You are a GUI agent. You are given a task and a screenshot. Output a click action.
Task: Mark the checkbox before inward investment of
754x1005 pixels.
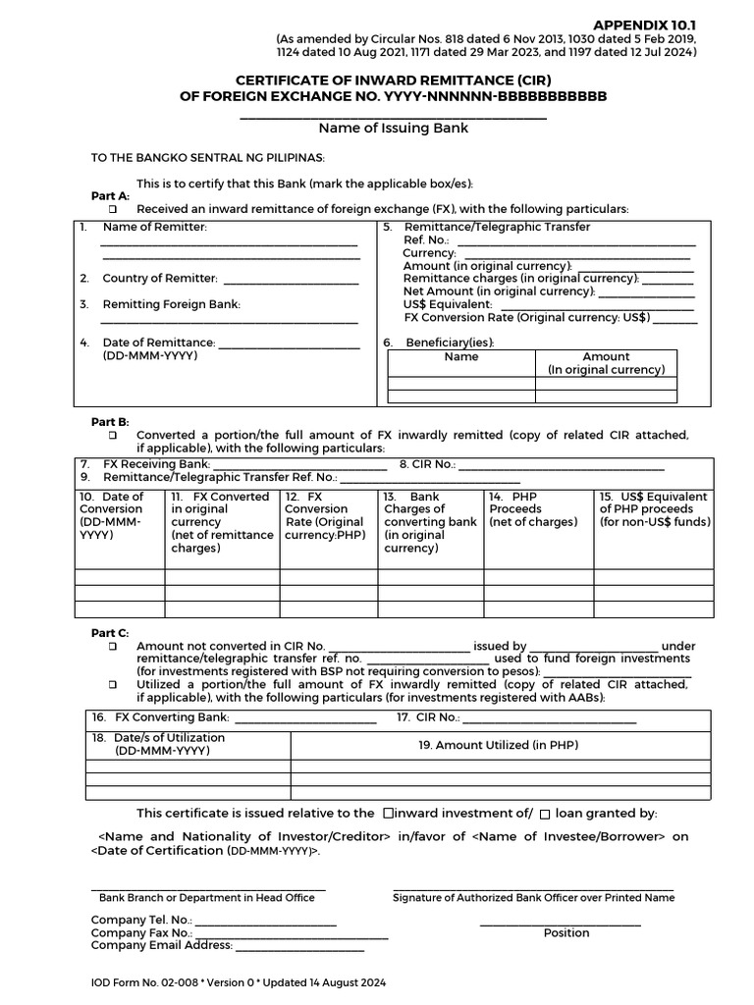[388, 813]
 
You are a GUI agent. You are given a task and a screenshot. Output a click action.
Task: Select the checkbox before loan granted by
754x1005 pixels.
[545, 814]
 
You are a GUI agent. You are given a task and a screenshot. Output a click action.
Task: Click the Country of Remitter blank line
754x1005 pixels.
[291, 280]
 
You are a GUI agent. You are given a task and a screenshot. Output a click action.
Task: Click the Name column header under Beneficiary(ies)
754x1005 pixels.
[460, 357]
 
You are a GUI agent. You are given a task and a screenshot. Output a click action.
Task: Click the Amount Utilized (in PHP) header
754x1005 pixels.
[498, 745]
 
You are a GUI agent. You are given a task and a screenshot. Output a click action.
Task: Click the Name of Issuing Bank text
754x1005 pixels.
[393, 128]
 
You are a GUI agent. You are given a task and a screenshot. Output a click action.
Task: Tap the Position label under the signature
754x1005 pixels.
[566, 932]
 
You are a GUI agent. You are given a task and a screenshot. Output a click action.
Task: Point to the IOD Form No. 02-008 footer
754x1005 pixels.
[239, 982]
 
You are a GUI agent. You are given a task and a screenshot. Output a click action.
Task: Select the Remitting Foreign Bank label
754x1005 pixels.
[171, 304]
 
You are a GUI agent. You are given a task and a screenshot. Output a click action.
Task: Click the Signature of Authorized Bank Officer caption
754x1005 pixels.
[533, 897]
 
